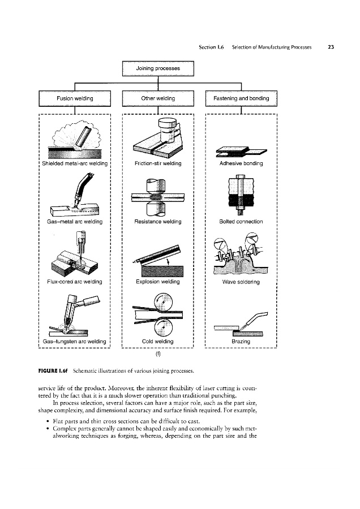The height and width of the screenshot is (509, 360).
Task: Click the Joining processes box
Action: coord(158,68)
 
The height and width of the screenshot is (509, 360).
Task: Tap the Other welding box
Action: coord(158,98)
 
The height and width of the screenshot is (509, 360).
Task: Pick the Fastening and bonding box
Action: coord(241,98)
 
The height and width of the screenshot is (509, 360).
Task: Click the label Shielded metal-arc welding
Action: coord(72,164)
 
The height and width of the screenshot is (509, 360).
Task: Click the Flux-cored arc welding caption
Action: coord(72,281)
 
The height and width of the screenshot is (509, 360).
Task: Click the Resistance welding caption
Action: coord(158,222)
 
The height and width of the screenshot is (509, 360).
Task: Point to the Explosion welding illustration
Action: coord(158,258)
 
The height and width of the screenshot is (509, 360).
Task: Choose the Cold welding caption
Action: coord(158,341)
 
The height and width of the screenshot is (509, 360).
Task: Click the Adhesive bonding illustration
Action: coord(241,150)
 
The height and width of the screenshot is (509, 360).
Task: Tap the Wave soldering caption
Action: coord(242,282)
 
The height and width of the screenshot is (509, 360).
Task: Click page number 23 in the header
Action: coord(332,48)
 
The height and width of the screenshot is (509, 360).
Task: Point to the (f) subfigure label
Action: coord(158,356)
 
